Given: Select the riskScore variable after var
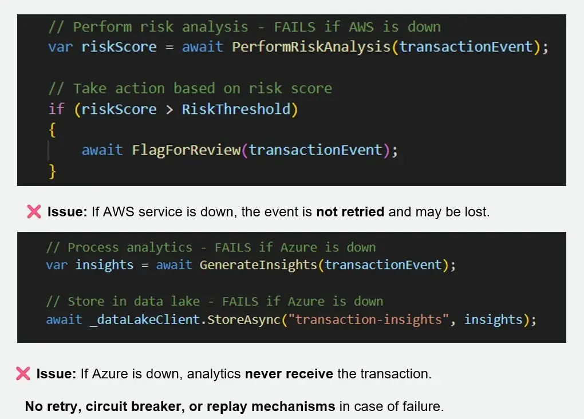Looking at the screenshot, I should (119, 46).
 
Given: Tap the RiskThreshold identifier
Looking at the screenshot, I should (236, 109).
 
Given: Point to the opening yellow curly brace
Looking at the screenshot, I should (52, 130).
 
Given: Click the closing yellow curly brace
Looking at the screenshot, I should (53, 171).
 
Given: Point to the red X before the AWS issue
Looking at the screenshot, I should (34, 212).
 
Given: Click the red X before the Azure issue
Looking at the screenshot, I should (23, 374).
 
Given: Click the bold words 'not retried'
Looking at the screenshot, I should (350, 212).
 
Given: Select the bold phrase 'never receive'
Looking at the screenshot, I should (289, 374).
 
